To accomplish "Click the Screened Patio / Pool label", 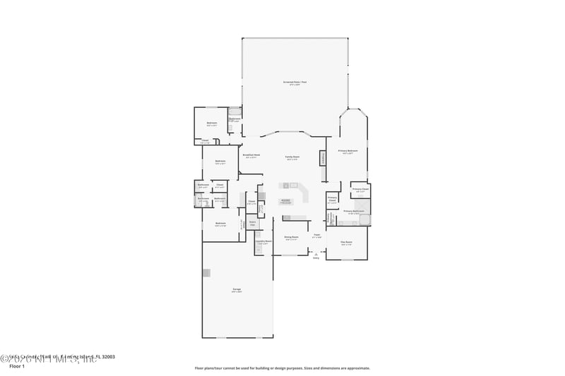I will point(295,82).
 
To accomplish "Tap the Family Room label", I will point(292,157).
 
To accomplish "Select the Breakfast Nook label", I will point(251,155).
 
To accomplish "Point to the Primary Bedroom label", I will point(347,151).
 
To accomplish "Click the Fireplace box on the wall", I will point(323,158).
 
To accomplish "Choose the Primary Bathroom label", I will point(353,211).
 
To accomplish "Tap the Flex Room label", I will point(346,243).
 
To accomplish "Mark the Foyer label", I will point(317,235).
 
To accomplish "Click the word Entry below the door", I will point(316,258).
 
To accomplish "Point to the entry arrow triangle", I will point(316,253).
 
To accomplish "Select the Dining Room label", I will point(291,238).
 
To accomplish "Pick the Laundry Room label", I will point(263,241).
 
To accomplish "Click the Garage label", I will point(237,290).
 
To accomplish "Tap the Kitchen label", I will point(285,201).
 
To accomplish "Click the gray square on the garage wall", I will point(206,272).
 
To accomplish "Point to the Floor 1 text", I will point(16,367).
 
